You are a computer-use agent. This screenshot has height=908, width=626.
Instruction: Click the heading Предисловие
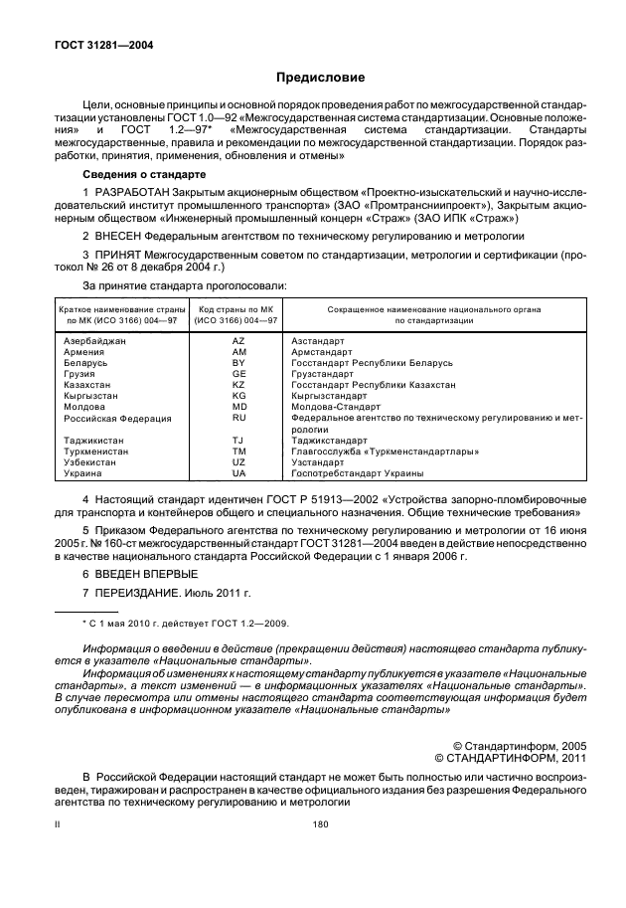pyautogui.click(x=319, y=77)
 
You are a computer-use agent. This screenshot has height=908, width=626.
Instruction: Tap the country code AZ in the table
pyautogui.click(x=238, y=341)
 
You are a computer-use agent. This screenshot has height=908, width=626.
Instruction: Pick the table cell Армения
pyautogui.click(x=84, y=352)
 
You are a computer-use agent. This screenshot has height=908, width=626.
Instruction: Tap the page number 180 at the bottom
pyautogui.click(x=319, y=824)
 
